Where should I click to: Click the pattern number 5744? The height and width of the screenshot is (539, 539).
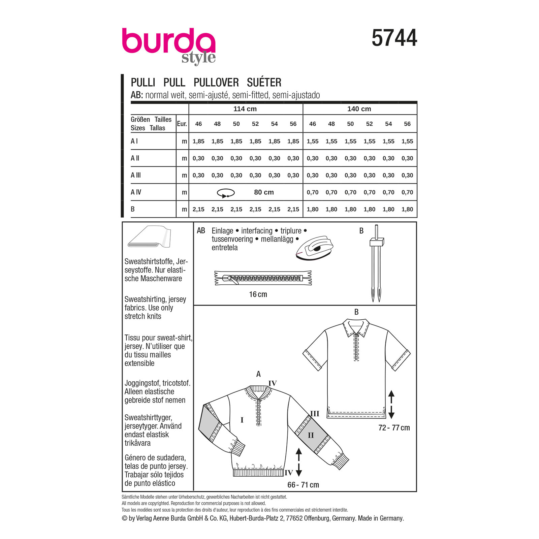(394, 38)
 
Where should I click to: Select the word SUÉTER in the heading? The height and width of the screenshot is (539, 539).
(264, 83)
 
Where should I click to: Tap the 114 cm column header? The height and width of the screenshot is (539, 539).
(245, 109)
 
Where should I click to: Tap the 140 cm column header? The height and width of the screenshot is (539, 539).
(359, 109)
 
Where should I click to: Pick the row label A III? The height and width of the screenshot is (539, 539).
(136, 175)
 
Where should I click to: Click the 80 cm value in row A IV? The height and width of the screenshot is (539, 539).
(264, 192)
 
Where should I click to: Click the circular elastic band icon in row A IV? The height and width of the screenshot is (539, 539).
(226, 193)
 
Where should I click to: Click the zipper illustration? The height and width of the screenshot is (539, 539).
(263, 278)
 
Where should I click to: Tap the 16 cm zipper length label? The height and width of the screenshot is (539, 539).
(258, 294)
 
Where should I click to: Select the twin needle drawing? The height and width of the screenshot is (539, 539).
(376, 263)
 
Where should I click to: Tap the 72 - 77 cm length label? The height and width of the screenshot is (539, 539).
(394, 428)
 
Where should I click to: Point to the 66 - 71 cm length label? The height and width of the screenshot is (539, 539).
(303, 485)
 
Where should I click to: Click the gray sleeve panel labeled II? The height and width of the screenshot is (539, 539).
(312, 435)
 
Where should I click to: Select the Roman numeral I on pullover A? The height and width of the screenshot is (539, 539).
(242, 420)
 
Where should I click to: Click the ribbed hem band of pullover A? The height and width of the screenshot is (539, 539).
(258, 473)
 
